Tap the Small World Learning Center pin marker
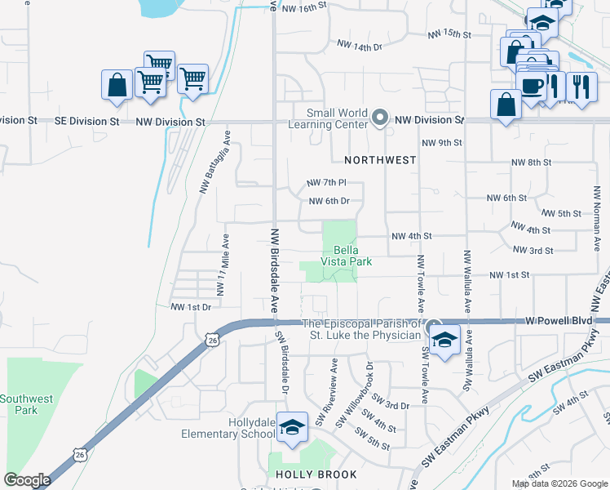[x=379, y=119]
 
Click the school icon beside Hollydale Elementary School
[x=291, y=426]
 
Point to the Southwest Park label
[x=26, y=404]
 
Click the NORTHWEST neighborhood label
[x=380, y=160]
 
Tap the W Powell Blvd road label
[x=559, y=321]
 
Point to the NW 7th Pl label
[x=326, y=182]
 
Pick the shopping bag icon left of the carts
[x=117, y=84]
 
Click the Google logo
[x=26, y=480]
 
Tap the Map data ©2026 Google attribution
[x=559, y=483]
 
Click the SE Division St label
[x=86, y=121]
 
